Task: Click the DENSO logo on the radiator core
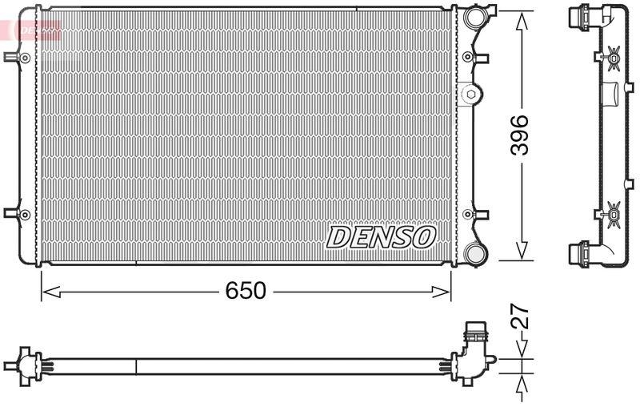tap(381, 236)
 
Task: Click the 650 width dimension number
tap(245, 291)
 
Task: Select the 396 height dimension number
tap(521, 135)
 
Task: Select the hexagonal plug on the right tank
tap(470, 95)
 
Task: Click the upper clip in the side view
tap(613, 56)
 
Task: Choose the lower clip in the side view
tap(613, 213)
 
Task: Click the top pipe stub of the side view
tap(578, 16)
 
